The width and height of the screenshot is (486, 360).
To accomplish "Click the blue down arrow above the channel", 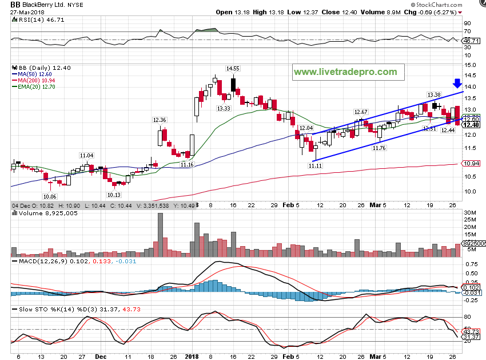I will click(457, 84).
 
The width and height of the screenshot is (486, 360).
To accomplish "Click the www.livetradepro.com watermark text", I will click(345, 72).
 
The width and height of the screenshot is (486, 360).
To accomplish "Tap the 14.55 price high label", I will click(232, 69).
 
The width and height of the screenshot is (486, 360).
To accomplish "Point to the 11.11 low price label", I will click(316, 165).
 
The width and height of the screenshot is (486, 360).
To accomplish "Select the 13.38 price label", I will click(433, 94).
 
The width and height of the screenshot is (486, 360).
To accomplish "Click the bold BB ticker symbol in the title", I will click(16, 5).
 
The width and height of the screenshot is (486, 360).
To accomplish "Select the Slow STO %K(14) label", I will click(38, 310).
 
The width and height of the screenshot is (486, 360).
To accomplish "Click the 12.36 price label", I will click(160, 120).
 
